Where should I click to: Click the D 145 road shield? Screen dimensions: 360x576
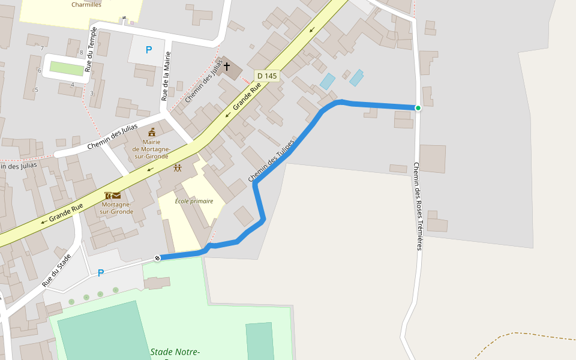pos(267,76)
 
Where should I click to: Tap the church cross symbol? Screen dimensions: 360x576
pos(227,66)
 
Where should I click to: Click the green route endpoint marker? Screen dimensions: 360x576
pos(418,108)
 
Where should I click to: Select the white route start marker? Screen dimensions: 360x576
pos(158,258)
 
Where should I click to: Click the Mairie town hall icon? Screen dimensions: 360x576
pos(152,132)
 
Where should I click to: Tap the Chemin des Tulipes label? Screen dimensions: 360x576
pos(271,161)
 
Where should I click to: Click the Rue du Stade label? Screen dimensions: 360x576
pos(57,269)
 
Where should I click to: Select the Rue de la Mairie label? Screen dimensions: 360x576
pos(166,76)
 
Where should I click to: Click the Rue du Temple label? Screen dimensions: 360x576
pos(91,49)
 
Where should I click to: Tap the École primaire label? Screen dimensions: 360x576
pos(194,201)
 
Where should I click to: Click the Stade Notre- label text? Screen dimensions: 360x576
pos(175,352)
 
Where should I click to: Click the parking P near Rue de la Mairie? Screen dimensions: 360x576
pos(149,50)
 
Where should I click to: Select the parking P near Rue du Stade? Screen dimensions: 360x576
pos(101,273)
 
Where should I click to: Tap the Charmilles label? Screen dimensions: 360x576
pos(86,5)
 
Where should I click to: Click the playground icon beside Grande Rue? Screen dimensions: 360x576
pos(178,169)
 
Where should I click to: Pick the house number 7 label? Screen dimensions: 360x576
pos(42,48)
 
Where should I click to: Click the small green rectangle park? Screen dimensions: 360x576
pos(67,68)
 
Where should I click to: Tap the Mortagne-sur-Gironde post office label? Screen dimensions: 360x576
pos(116,208)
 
